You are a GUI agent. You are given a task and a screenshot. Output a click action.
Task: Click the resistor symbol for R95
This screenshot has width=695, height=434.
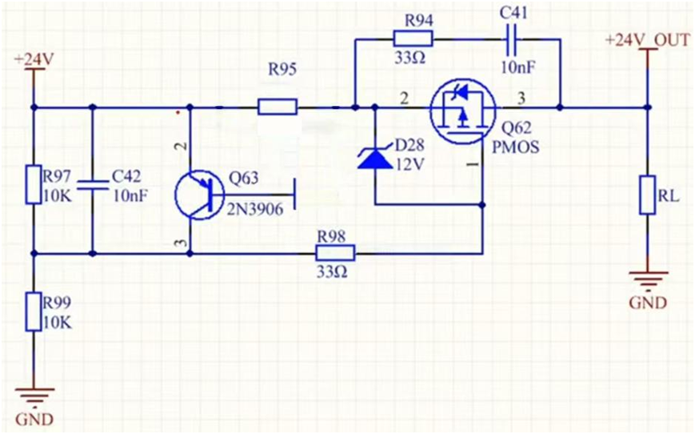[278, 106]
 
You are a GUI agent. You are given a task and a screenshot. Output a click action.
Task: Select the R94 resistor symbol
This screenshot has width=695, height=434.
[413, 38]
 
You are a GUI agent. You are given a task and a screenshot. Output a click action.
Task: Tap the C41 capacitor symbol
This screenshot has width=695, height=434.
[510, 38]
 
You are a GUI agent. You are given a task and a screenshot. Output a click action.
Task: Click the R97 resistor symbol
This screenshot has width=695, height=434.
[33, 185]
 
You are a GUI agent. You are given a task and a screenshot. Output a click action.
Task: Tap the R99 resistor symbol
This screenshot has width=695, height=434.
[33, 311]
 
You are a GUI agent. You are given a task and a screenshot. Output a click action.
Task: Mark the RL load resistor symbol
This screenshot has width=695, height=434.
[646, 195]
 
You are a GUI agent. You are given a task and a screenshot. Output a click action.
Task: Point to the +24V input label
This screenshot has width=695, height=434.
[32, 59]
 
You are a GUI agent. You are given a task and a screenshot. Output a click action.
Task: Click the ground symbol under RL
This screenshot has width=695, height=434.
[646, 279]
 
